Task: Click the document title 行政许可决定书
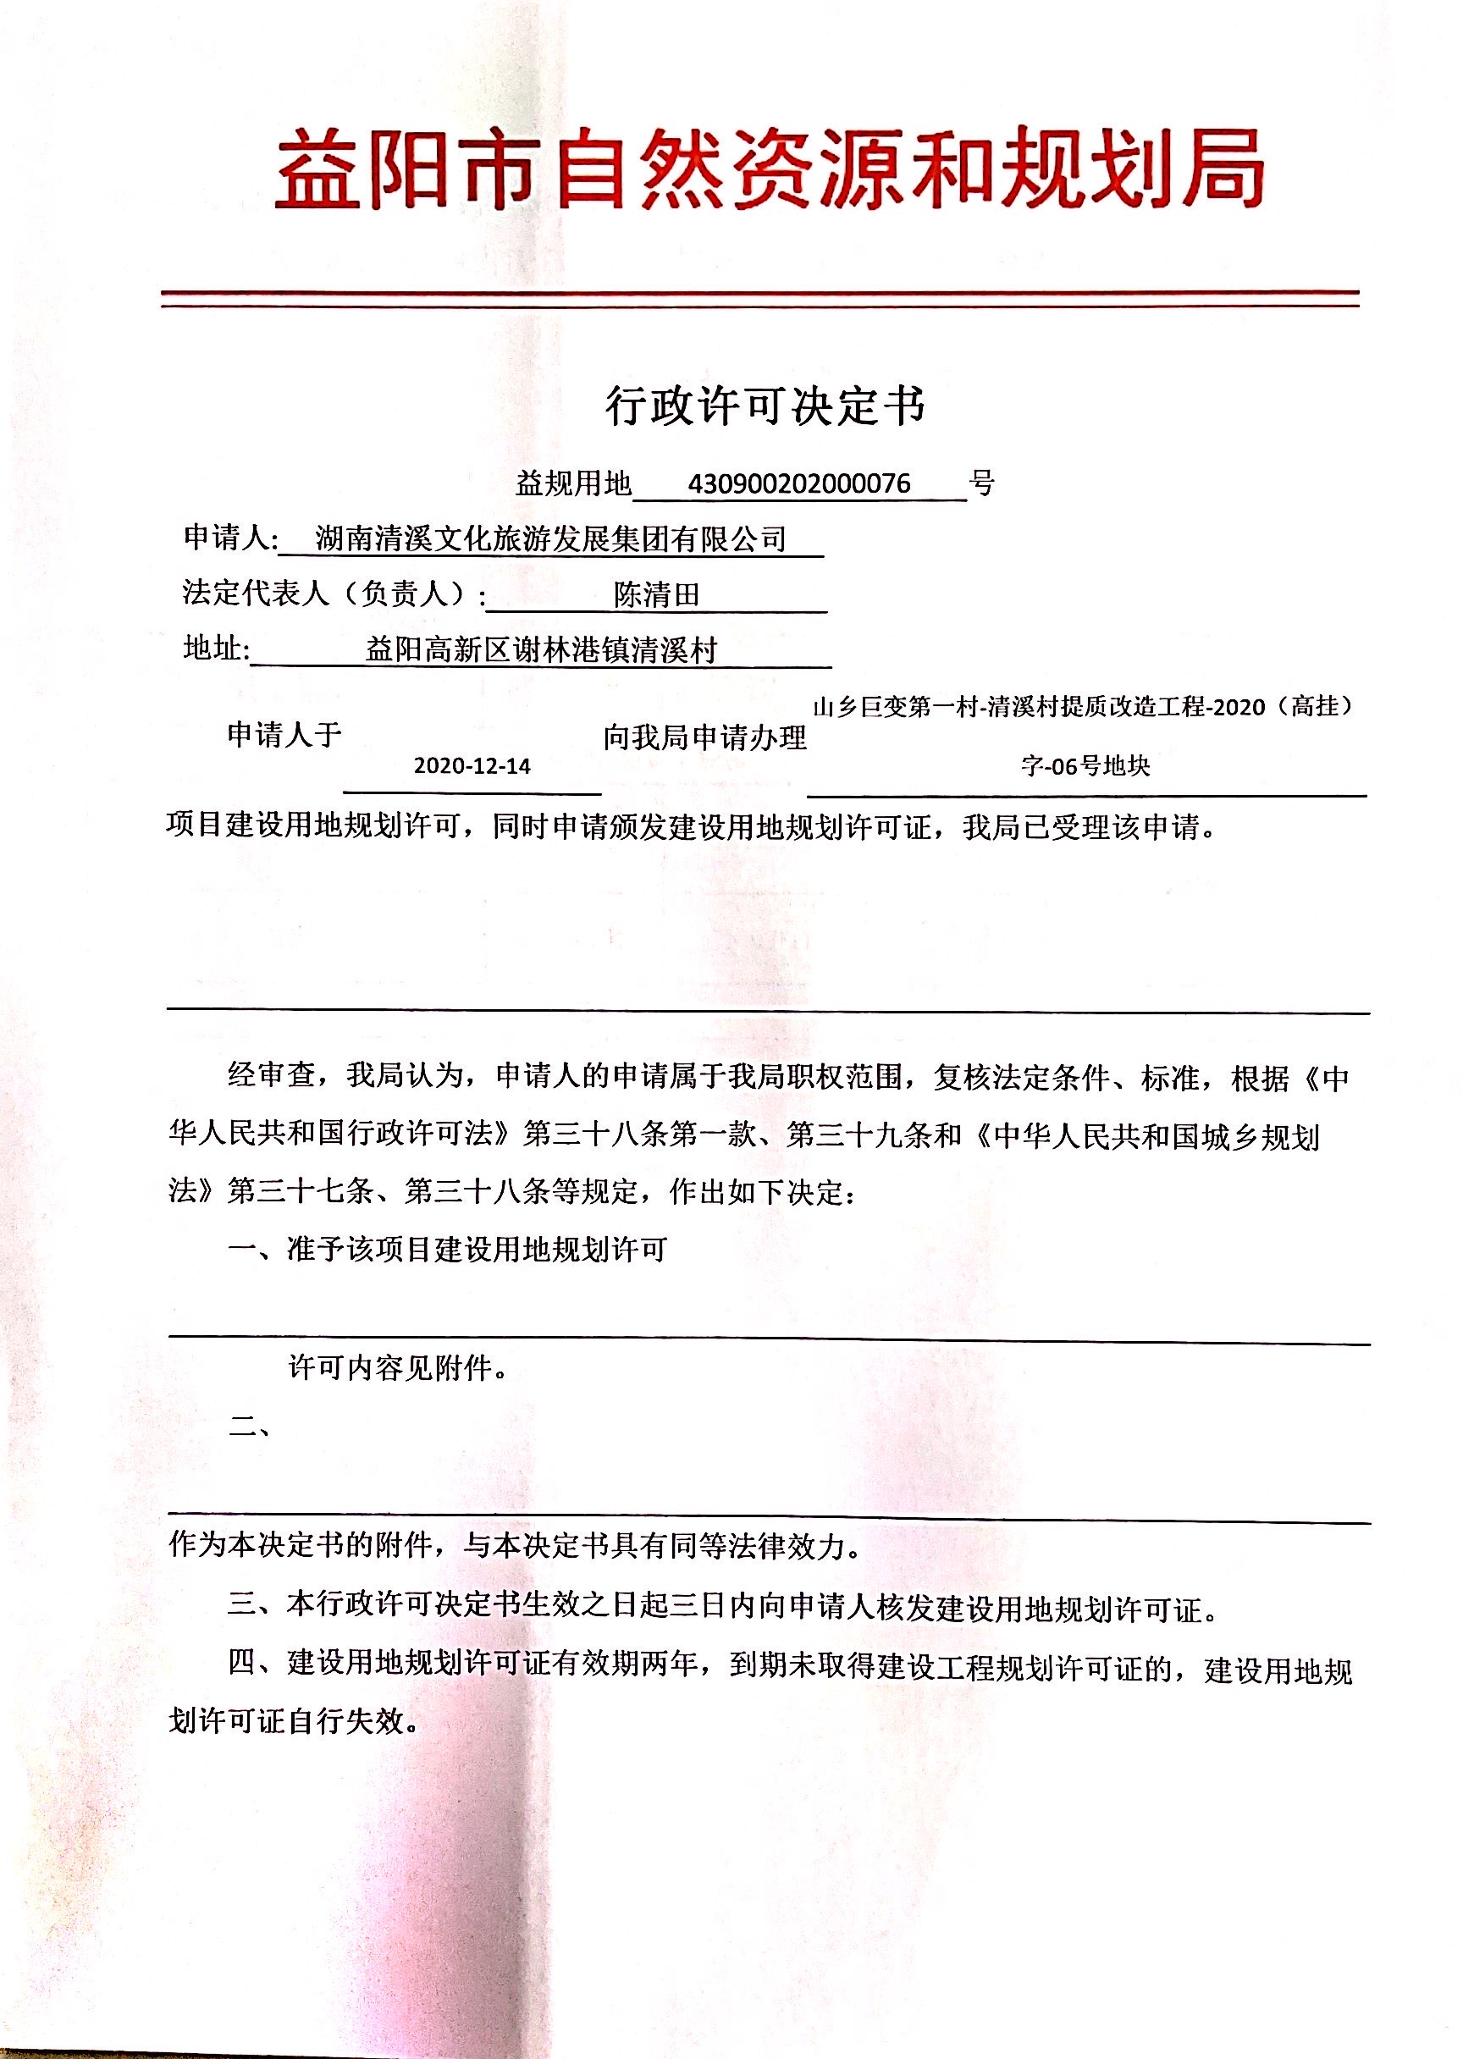pos(765,406)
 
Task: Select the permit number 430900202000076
pos(799,483)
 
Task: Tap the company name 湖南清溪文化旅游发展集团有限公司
pos(550,539)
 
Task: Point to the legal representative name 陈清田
pos(656,594)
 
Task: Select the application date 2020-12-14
pos(472,766)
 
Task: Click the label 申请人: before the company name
pos(230,538)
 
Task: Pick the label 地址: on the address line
pos(216,648)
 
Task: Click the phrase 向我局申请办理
pos(704,737)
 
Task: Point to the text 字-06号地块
pos(1085,766)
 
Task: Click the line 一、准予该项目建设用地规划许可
pos(448,1250)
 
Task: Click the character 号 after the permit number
pos(982,483)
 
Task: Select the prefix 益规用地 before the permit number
pos(573,483)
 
